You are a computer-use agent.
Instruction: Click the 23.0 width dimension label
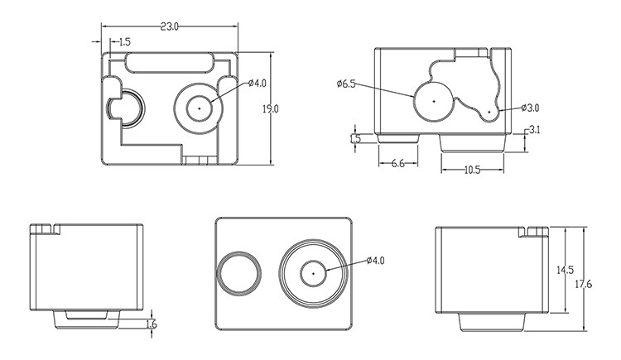(x=169, y=26)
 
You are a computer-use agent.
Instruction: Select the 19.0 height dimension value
(x=271, y=108)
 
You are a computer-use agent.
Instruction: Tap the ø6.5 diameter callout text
(x=346, y=84)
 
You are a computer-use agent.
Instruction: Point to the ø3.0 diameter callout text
(x=531, y=108)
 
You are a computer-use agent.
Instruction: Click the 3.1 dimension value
(x=534, y=129)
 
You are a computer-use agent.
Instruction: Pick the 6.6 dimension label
(x=398, y=165)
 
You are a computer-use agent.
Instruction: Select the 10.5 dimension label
(x=472, y=170)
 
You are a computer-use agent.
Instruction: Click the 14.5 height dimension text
(x=566, y=270)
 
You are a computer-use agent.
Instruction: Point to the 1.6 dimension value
(x=151, y=324)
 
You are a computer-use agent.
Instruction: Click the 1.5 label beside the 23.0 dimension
(x=124, y=41)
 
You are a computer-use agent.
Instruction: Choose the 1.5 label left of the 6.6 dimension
(x=355, y=139)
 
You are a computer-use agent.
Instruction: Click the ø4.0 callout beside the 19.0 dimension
(x=258, y=84)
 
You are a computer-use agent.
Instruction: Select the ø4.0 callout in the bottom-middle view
(x=375, y=261)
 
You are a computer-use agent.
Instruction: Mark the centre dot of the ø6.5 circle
(x=434, y=100)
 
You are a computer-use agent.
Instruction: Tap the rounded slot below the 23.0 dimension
(x=169, y=62)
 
